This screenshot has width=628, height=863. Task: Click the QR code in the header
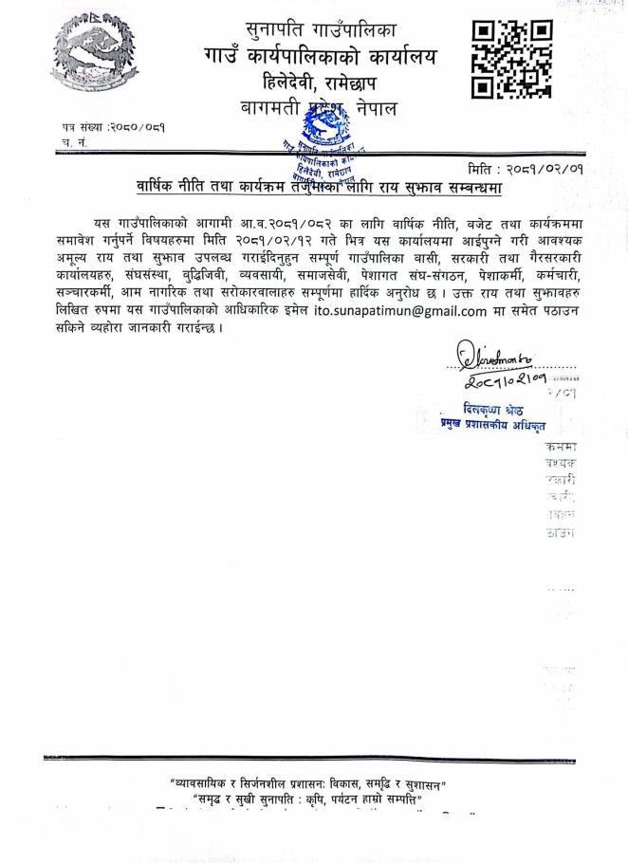point(511,60)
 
